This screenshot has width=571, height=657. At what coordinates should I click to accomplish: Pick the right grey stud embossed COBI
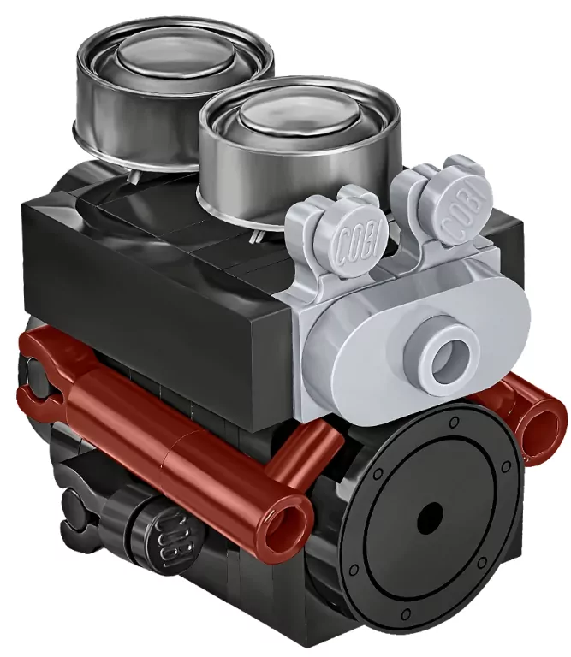click(466, 211)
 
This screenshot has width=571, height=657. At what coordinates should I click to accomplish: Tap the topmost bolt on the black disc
click(452, 421)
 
